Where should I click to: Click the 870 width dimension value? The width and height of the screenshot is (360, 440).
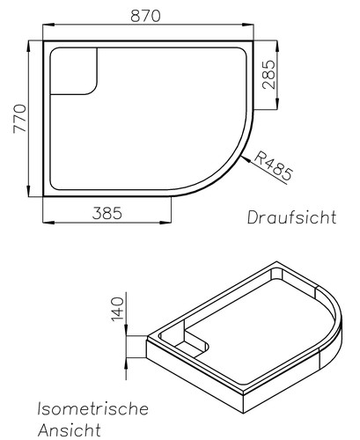148,15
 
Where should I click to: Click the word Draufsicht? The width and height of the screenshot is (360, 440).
291,216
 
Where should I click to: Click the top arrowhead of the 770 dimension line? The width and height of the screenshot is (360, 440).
30,41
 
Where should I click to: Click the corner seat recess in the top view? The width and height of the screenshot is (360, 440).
74,70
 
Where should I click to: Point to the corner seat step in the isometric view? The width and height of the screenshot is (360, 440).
189,342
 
